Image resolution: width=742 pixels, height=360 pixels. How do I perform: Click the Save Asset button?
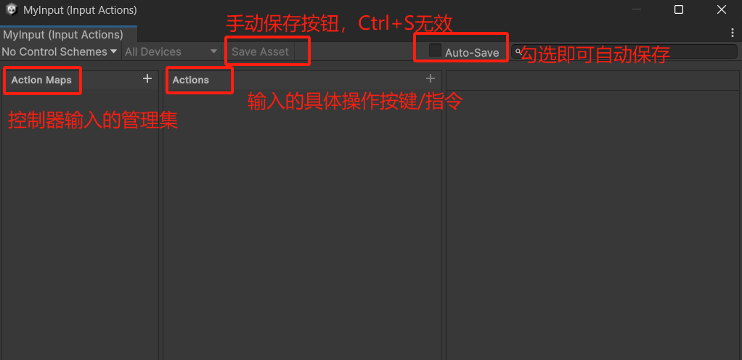click(x=261, y=52)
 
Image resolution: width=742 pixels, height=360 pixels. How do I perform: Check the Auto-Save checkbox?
click(x=435, y=51)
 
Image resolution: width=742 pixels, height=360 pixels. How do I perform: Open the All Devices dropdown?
click(x=171, y=52)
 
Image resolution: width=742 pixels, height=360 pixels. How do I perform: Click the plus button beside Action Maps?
click(x=147, y=78)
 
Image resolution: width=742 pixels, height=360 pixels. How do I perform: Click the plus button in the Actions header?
click(x=430, y=78)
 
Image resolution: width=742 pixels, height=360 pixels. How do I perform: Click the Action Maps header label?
click(x=41, y=80)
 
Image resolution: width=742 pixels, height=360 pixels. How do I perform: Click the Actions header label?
click(x=191, y=80)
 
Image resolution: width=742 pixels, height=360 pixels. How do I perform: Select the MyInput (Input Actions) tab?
click(x=63, y=35)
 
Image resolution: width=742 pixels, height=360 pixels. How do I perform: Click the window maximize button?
click(x=678, y=10)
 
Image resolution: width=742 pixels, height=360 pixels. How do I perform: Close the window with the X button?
click(x=722, y=10)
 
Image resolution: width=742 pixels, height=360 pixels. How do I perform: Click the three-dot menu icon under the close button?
click(x=733, y=33)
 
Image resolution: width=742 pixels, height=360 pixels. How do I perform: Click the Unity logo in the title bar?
click(x=12, y=10)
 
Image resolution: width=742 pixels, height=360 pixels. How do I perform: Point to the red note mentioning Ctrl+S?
click(x=339, y=23)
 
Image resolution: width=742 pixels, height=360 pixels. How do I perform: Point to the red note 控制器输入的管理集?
click(x=93, y=120)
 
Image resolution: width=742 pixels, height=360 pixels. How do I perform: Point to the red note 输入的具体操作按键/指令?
click(x=355, y=101)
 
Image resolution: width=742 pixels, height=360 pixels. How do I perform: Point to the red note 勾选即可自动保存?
click(x=595, y=54)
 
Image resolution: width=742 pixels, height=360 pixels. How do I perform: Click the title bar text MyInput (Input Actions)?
click(x=80, y=10)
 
